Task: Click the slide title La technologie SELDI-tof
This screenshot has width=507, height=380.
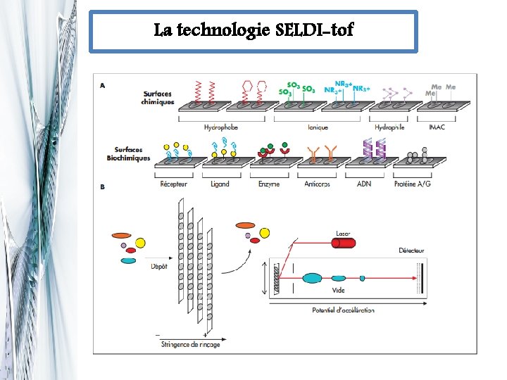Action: (x=254, y=30)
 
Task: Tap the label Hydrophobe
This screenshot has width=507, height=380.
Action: (x=220, y=127)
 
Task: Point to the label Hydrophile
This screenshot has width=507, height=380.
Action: (x=389, y=127)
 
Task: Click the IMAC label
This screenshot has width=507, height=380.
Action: (x=437, y=127)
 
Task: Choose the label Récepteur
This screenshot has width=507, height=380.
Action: (x=173, y=184)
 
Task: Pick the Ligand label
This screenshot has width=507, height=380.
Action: (x=220, y=184)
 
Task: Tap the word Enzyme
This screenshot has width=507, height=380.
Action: (x=269, y=184)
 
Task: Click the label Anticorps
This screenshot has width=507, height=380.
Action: (x=321, y=184)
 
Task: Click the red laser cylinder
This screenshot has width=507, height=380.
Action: (x=349, y=243)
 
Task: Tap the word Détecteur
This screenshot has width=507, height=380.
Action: (x=411, y=251)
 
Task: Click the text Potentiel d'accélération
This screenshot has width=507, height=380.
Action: (x=343, y=310)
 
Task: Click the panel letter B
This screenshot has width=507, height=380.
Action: (x=103, y=188)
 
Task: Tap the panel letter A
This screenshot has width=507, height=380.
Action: (x=103, y=86)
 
